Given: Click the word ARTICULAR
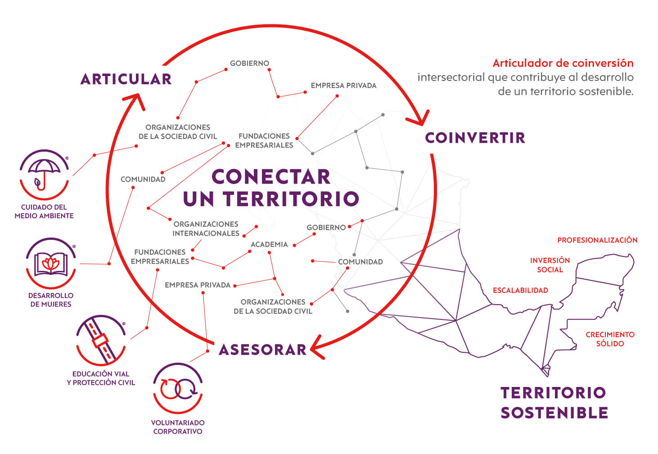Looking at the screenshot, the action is tap(126, 79).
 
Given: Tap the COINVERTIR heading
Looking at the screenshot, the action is tap(475, 138).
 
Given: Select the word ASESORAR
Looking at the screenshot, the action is tap(262, 350).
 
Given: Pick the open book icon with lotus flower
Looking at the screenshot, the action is tap(51, 263).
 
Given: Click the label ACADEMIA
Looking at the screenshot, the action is tap(269, 245).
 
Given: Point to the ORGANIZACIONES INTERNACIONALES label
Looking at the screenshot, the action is tap(206, 229).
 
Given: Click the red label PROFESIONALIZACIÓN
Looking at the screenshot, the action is tap(597, 240).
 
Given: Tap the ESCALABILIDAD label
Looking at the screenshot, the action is tap(520, 290).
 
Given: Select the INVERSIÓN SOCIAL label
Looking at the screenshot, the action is tap(550, 265).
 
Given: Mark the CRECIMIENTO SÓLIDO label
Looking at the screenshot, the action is tap(610, 339).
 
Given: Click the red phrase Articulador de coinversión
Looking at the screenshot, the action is tap(563, 63).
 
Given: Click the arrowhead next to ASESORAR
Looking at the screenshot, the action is tap(317, 348).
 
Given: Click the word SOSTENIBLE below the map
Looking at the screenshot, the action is tap(554, 413).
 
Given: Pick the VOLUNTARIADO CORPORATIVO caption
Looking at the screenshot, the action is tap(178, 427).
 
